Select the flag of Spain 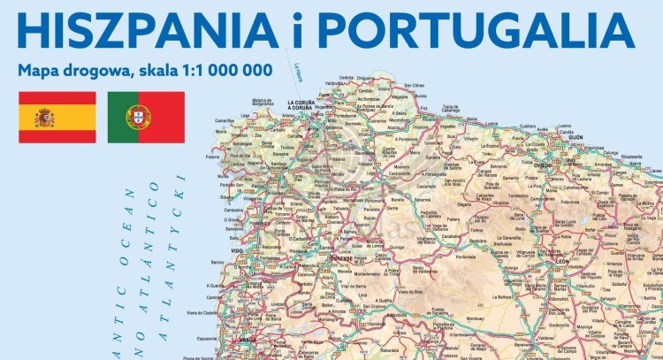click(x=57, y=117)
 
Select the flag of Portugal click(x=146, y=117)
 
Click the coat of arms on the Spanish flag click(x=44, y=117)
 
